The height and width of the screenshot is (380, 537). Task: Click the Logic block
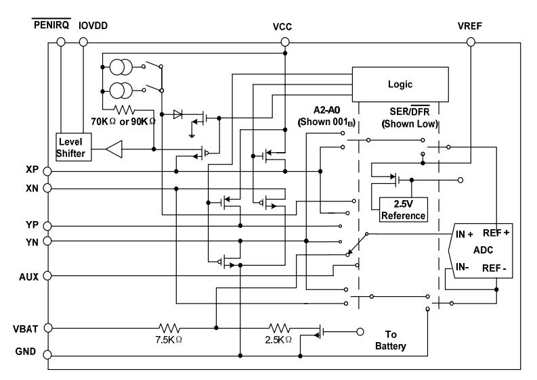coord(400,84)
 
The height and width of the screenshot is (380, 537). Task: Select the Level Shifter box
coord(73,147)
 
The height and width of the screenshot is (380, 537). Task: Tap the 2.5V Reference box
coord(403,210)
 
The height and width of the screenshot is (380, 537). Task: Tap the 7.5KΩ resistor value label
coord(169,339)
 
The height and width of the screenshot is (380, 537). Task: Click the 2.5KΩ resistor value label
coord(279,339)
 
